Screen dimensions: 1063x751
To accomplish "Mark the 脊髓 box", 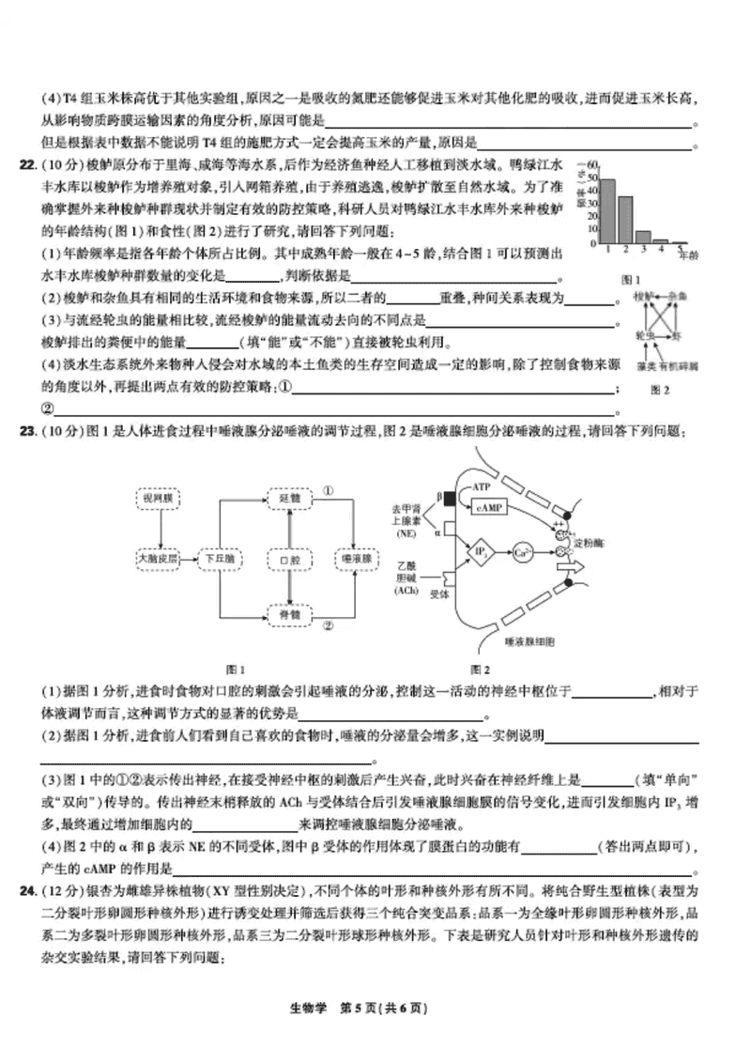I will [x=289, y=613].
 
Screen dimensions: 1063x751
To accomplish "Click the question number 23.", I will [x=27, y=431].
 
